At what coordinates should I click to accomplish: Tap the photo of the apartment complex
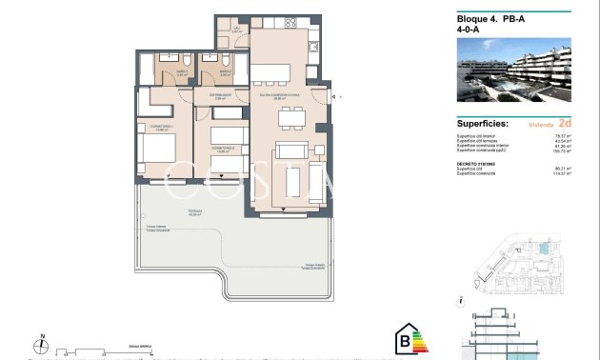513,70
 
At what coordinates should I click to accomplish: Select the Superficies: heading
483,124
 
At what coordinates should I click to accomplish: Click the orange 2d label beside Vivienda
564,124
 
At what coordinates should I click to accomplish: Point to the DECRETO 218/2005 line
477,163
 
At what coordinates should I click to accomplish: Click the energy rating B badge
409,340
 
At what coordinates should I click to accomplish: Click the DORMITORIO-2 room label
223,148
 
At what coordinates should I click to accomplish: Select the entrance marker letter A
339,97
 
